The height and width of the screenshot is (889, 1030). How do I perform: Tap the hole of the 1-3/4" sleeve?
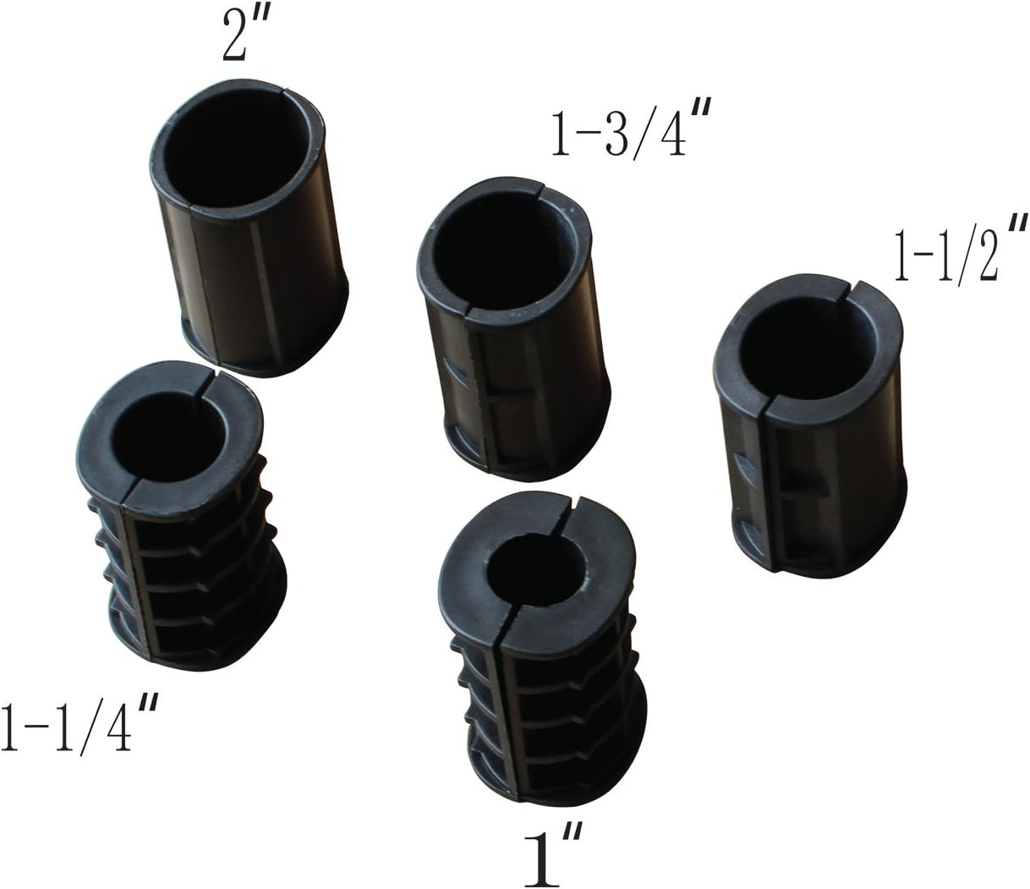(504, 259)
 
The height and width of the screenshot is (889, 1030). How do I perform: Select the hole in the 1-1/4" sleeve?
(169, 437)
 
